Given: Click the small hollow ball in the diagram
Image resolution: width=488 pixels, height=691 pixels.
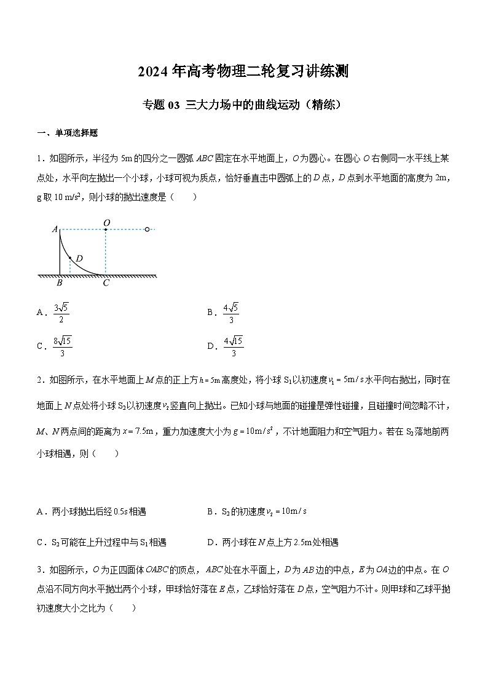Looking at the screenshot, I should (147, 230).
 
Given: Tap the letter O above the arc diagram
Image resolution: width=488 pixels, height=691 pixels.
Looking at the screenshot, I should (106, 222).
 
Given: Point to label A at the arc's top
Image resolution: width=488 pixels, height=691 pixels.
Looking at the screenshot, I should (55, 230).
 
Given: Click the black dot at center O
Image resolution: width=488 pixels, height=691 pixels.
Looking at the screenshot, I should (106, 230).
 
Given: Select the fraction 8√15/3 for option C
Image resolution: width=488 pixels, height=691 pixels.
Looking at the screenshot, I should (63, 346).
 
